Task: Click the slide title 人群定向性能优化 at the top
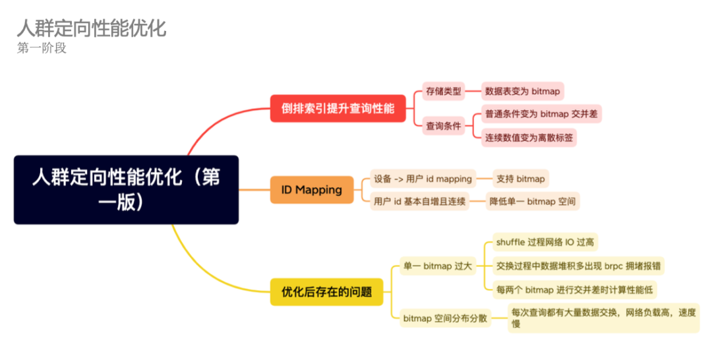(x=91, y=28)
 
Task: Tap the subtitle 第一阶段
(x=42, y=48)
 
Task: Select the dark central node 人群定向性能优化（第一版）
(x=126, y=190)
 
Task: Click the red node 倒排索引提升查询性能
(x=338, y=108)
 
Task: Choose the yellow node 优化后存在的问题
(x=327, y=291)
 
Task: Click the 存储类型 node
(x=444, y=91)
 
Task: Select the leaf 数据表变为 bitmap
(x=521, y=91)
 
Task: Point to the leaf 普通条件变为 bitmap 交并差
(x=541, y=113)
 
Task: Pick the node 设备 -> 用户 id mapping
(x=423, y=179)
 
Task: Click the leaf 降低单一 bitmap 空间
(x=533, y=201)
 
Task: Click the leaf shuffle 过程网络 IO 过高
(x=545, y=242)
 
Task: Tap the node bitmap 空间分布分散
(x=445, y=318)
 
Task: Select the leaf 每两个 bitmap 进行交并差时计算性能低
(x=575, y=289)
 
